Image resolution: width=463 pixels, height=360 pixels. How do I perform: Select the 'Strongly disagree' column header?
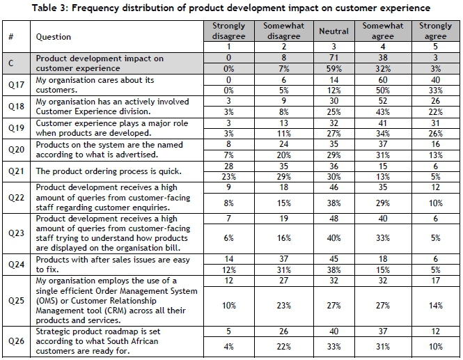click(228, 31)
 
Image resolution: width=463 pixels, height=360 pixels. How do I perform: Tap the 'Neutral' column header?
click(333, 31)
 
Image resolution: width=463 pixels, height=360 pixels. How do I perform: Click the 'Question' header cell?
click(54, 37)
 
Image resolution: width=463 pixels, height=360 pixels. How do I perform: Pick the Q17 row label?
click(12, 85)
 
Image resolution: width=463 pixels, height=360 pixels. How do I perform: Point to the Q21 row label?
click(12, 171)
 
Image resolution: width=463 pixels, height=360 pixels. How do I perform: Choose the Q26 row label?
click(12, 342)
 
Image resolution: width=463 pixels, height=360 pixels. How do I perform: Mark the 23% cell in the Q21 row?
click(228, 175)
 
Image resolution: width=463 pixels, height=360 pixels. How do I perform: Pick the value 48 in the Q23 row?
click(333, 219)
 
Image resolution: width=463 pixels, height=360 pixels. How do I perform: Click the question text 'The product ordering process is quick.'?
click(100, 171)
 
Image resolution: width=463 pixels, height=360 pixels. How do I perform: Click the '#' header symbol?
click(12, 37)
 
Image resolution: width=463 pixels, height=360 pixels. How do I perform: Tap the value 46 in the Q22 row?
click(333, 187)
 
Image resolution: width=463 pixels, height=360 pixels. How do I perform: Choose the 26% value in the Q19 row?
click(435, 133)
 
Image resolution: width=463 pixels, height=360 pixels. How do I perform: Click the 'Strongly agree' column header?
click(435, 31)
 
